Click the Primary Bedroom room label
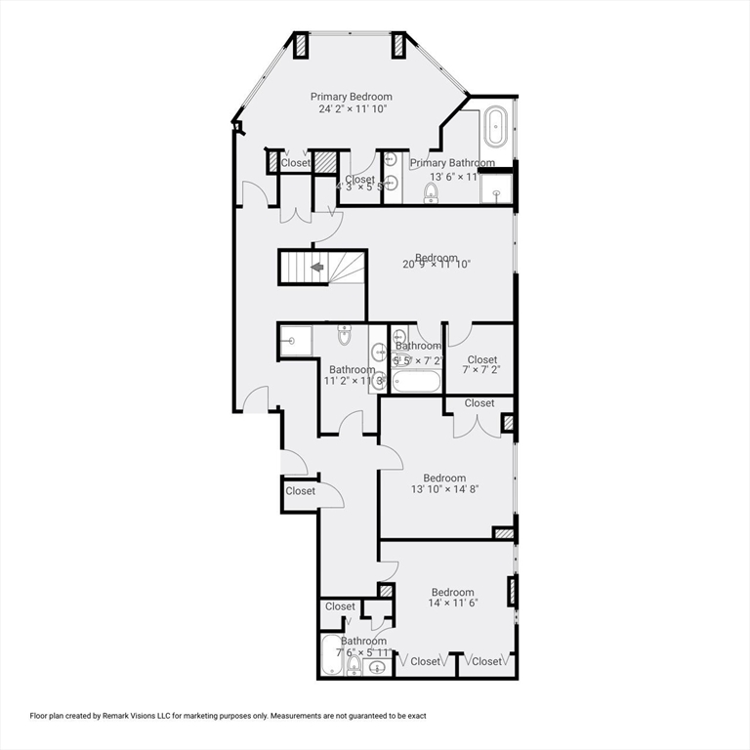(351, 97)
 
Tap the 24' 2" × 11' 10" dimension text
(351, 109)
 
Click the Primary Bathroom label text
(451, 163)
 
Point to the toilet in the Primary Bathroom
(431, 192)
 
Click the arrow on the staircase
(316, 266)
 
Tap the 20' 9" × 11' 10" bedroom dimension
(437, 264)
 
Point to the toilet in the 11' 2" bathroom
(344, 337)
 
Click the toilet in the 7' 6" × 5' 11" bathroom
(354, 665)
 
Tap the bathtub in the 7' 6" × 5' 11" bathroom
(332, 655)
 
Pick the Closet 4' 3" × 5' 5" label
(359, 181)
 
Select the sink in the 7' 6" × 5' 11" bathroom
(379, 667)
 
